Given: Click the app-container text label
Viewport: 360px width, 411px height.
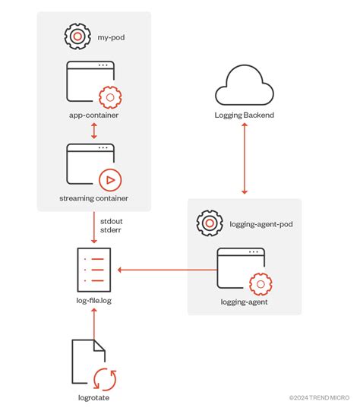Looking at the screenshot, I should click(93, 115).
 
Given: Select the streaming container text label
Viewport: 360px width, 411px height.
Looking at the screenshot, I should click(93, 198).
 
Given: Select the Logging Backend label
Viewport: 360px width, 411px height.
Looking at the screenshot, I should click(244, 115).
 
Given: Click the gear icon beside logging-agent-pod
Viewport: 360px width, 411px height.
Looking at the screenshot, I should click(209, 223).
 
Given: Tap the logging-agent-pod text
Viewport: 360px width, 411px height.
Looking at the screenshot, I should click(261, 224).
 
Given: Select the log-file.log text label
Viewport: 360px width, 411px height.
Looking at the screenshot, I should click(93, 302).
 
